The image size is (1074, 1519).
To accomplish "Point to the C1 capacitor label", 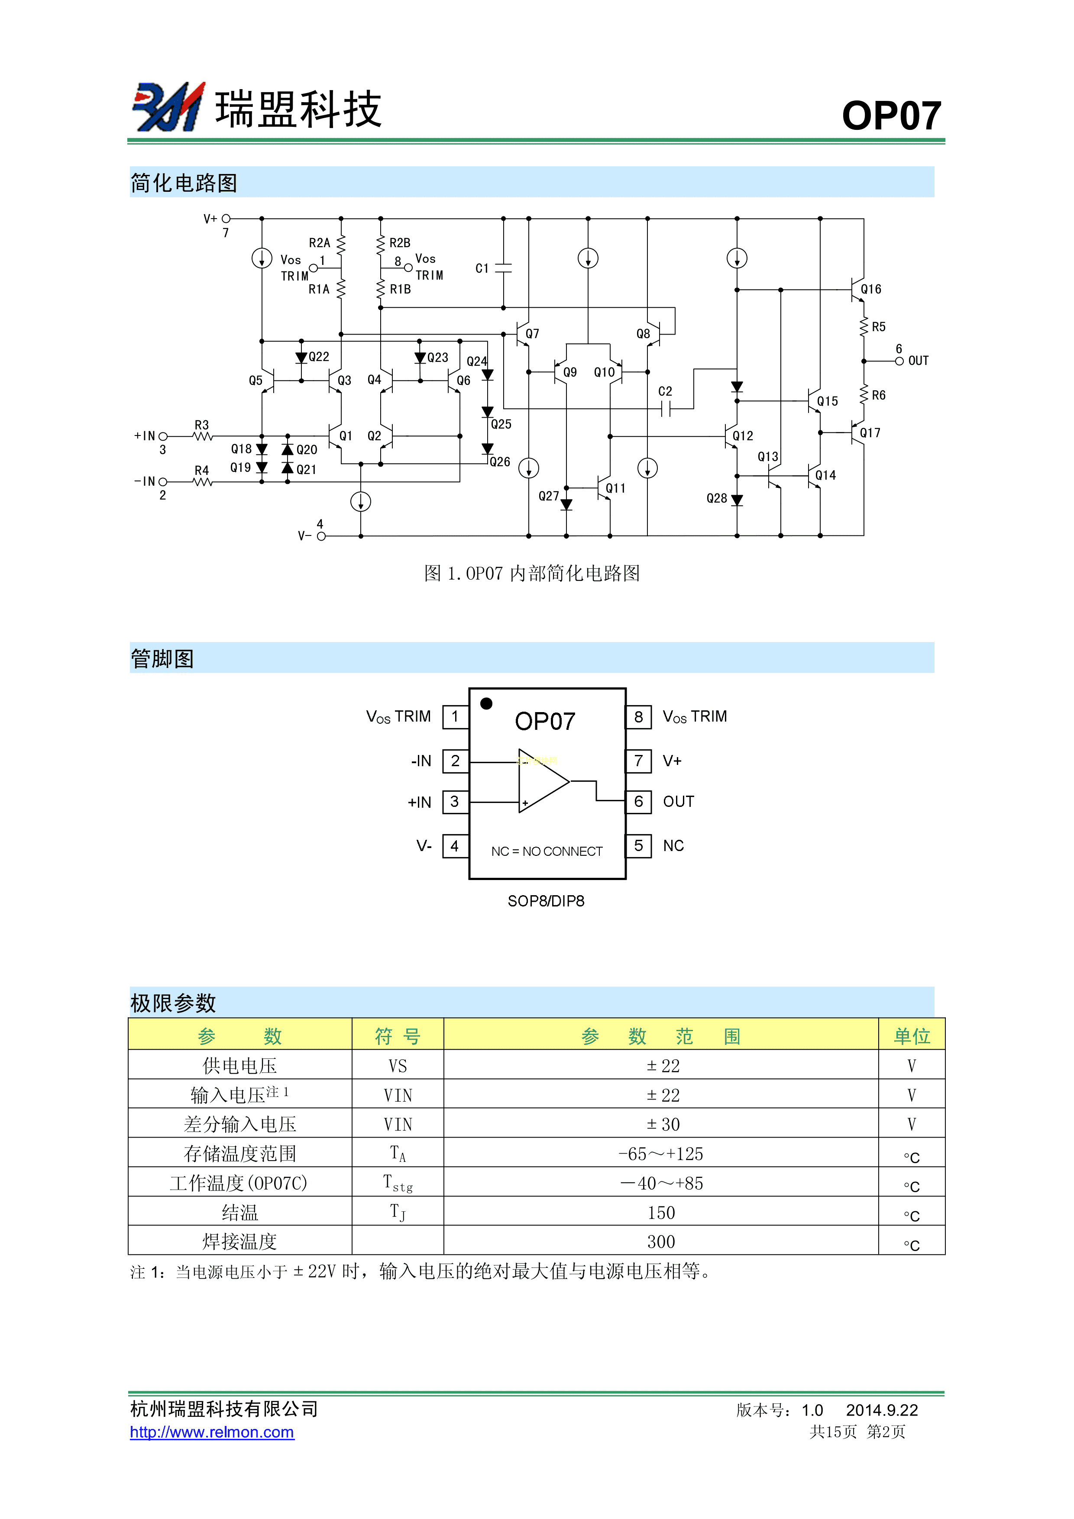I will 482,268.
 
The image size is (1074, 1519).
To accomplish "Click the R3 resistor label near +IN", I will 202,425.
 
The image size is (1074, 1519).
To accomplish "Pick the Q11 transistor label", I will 615,488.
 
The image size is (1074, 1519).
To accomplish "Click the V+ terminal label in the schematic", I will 210,218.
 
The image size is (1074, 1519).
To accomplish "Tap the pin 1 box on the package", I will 455,716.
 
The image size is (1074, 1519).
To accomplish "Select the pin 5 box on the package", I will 639,845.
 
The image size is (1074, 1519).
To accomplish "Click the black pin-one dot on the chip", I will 486,703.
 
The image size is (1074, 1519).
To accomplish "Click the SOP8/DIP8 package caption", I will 546,901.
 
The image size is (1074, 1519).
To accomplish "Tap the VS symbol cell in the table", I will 398,1066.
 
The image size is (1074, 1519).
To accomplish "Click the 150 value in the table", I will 661,1213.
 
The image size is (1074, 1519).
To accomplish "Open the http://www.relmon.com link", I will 212,1432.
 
